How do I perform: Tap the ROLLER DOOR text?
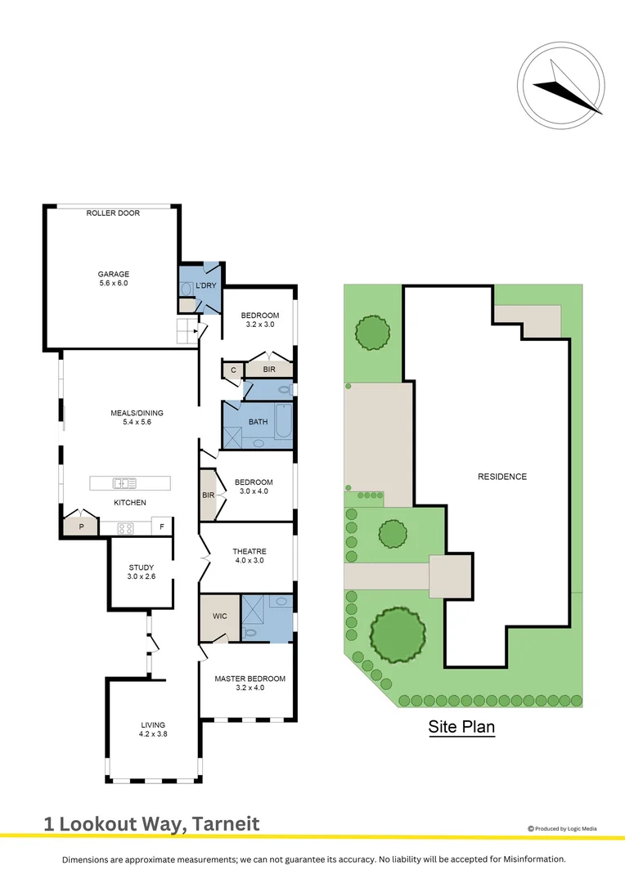click(113, 213)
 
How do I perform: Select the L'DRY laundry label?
click(205, 286)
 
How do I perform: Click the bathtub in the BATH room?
click(283, 420)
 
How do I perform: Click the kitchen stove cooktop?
click(126, 527)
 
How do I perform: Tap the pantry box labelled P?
click(81, 527)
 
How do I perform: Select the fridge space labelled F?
click(162, 527)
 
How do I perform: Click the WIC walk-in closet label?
click(218, 616)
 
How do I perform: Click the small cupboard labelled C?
click(232, 370)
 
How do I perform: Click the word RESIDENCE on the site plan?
click(502, 477)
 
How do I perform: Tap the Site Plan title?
click(461, 726)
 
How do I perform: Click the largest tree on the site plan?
click(398, 634)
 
